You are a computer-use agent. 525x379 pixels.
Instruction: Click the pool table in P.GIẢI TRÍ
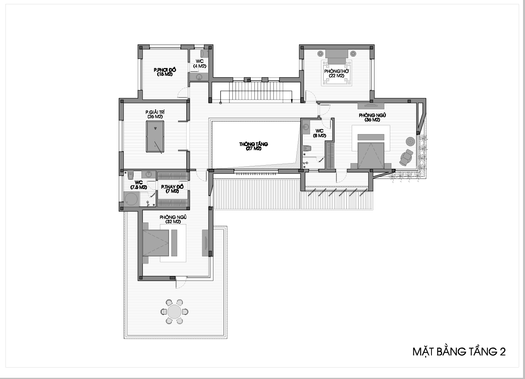click(155, 136)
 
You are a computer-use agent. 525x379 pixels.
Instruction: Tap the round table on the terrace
click(174, 312)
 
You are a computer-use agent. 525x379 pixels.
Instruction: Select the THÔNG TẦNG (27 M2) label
click(253, 146)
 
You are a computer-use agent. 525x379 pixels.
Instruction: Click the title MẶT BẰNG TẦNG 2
click(459, 352)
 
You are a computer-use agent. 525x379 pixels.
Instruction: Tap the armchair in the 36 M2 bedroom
click(406, 158)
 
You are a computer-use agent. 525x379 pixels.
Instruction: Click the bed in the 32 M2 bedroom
click(156, 243)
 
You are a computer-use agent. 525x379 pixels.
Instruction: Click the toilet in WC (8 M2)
click(307, 149)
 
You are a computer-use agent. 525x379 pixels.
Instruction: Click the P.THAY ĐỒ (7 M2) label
click(172, 189)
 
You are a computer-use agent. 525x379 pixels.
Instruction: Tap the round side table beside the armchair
click(410, 142)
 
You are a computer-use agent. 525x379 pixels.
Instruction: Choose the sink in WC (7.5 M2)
click(149, 174)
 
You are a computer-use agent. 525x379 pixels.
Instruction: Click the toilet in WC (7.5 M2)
click(131, 175)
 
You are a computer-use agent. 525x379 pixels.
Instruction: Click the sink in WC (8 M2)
click(306, 127)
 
